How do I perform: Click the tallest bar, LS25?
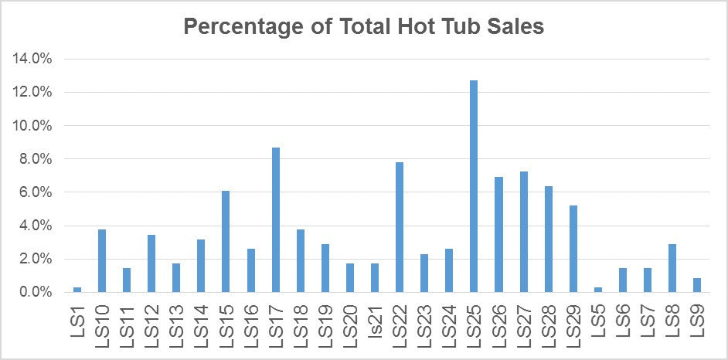coord(474,186)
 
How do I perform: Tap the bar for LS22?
coord(400,227)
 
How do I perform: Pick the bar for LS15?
coord(226,242)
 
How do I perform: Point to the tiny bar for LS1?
coord(77,290)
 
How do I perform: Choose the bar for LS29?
coord(573,249)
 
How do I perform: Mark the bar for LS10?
coord(102,261)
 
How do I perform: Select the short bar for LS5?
coord(597,290)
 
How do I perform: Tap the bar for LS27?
coord(523,232)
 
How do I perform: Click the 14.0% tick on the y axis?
coord(31,59)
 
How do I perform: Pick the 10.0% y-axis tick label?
coord(31,126)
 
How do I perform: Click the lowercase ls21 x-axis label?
coord(376,324)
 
